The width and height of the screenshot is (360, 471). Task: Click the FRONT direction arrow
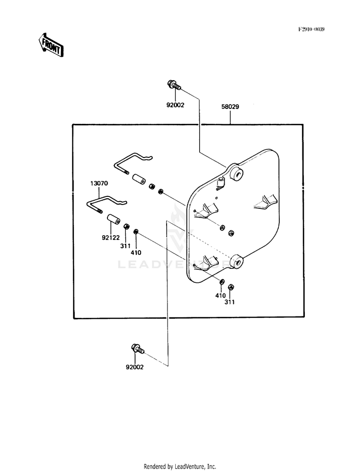pos(51,45)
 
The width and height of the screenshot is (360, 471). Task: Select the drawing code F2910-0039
pos(311,29)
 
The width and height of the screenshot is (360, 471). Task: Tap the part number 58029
pos(230,107)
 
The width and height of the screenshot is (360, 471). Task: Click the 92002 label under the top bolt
pos(175,105)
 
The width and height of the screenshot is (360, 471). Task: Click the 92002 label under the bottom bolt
pos(134,367)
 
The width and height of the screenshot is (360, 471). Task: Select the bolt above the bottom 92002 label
pos(138,349)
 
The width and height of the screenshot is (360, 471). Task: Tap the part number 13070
pos(99,183)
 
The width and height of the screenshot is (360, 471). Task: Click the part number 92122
pos(110,238)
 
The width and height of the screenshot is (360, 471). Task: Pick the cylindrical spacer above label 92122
pos(113,218)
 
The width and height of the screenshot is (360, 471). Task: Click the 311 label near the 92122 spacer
pos(125,246)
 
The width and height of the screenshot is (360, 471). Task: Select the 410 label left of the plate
pos(136,253)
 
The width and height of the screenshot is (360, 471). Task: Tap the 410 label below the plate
pos(220,296)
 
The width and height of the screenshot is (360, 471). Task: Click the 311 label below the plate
pos(229,302)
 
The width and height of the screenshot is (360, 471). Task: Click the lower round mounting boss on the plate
pos(238,262)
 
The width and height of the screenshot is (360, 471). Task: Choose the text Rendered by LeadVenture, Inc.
pos(180,467)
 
